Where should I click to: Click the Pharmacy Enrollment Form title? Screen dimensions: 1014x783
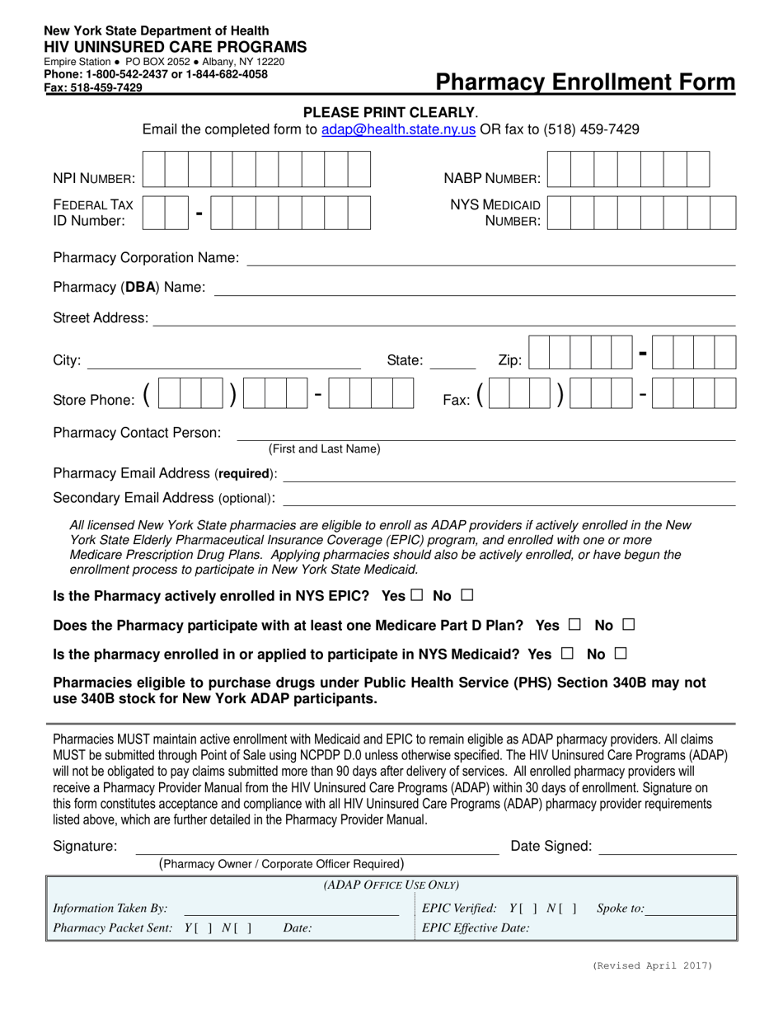point(585,82)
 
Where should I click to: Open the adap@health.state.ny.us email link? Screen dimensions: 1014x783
point(398,129)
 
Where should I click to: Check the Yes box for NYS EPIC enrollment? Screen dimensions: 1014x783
point(416,594)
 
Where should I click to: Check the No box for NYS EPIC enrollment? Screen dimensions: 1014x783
point(467,594)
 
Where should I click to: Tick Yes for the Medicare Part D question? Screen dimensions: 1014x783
point(574,624)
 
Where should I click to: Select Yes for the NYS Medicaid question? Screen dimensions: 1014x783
point(566,653)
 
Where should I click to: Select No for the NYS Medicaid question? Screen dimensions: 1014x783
point(621,653)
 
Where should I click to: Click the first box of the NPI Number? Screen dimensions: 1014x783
point(154,170)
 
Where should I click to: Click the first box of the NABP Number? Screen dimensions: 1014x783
point(558,170)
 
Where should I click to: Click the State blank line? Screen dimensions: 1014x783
point(452,364)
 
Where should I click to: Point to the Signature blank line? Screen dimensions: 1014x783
point(317,850)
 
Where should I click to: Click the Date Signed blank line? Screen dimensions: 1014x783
point(667,850)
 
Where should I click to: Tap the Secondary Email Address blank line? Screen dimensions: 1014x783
point(509,501)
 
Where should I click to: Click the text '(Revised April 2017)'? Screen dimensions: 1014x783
point(652,965)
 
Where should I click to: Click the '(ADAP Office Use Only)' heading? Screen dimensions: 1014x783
point(391,885)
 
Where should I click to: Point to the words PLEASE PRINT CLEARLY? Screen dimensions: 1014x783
point(390,112)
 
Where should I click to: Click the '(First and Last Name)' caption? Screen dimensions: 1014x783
point(325,448)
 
